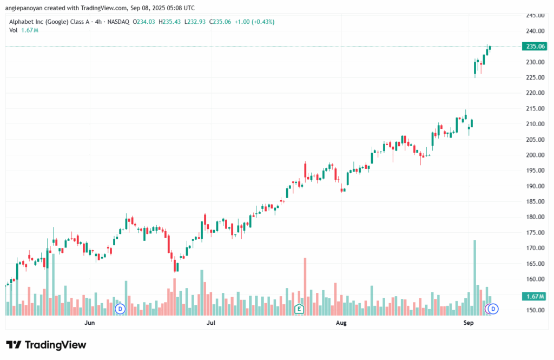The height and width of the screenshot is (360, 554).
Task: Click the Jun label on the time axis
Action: (x=90, y=323)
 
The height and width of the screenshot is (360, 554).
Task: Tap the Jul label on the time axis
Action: (x=212, y=323)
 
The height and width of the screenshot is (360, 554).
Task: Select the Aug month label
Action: (x=341, y=323)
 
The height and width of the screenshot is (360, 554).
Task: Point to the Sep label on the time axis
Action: (x=469, y=323)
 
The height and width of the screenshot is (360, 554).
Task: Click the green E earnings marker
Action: (x=298, y=309)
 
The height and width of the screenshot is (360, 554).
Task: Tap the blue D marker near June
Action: (x=120, y=309)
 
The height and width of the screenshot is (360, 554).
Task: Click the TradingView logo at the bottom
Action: (x=46, y=345)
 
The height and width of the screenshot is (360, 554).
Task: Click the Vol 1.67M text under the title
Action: (x=24, y=30)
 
